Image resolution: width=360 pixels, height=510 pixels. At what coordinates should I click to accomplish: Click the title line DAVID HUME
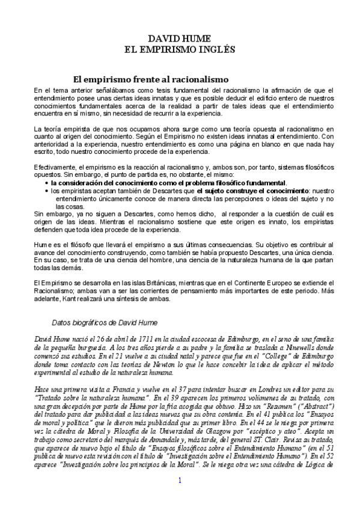pos(179,38)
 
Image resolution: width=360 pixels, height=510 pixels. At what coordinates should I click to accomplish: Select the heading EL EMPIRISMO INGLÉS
pos(179,49)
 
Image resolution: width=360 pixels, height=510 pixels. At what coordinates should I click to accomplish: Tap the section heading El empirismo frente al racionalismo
pos(150,79)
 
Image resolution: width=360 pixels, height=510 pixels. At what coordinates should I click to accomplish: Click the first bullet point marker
pos(47,183)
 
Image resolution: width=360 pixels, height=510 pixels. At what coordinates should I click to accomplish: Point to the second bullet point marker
pos(47,191)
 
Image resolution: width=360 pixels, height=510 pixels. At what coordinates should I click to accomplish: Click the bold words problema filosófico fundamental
pos(234,183)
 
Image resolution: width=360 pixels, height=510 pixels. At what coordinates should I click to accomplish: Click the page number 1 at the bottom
pos(179,497)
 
